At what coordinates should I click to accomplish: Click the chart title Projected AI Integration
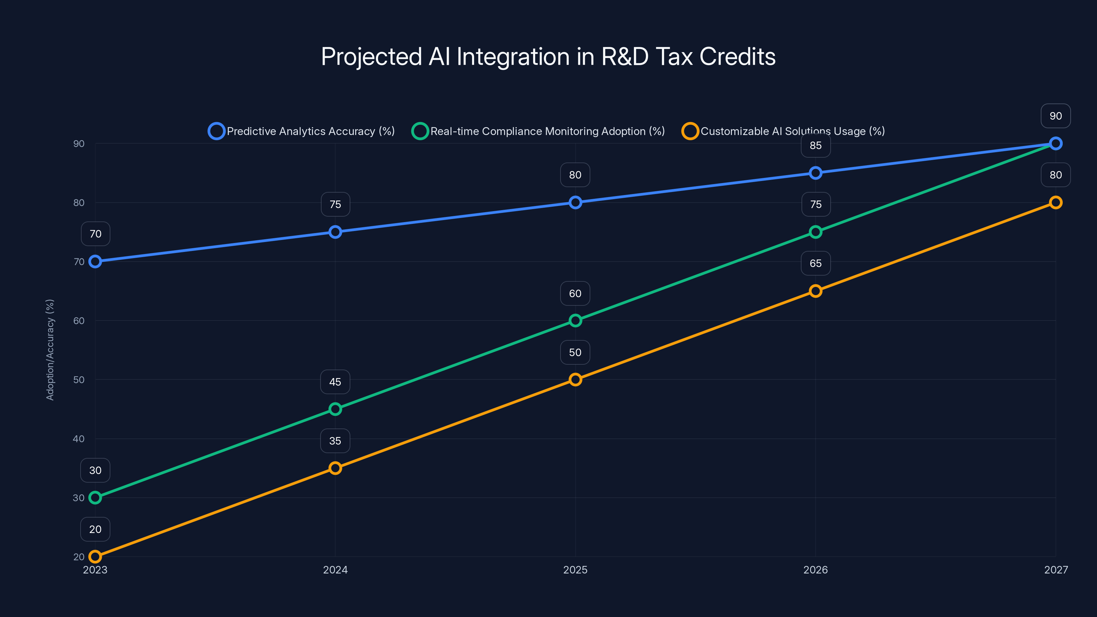tap(548, 57)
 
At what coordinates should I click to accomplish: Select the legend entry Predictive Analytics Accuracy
tap(302, 131)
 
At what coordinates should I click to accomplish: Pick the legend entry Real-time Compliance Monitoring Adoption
tap(538, 131)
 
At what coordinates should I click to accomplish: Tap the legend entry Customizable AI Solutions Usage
tap(784, 131)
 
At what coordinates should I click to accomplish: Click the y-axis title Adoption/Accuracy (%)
tap(50, 350)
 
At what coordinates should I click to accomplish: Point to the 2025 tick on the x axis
tap(575, 570)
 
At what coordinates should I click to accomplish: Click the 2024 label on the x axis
tap(335, 570)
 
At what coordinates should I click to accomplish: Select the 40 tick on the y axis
tap(79, 439)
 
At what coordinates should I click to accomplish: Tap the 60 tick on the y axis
tap(79, 320)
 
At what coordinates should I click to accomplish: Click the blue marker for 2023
tap(95, 262)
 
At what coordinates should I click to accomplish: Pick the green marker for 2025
tap(575, 320)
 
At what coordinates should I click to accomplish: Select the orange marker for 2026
tap(815, 291)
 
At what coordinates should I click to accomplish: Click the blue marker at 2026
tap(815, 173)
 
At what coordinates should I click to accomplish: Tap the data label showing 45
tap(335, 382)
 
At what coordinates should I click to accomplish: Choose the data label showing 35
tap(335, 441)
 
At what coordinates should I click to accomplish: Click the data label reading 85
tap(815, 146)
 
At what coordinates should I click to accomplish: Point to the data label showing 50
tap(575, 353)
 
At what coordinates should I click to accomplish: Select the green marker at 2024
tap(335, 409)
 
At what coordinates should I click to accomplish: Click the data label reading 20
tap(95, 529)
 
